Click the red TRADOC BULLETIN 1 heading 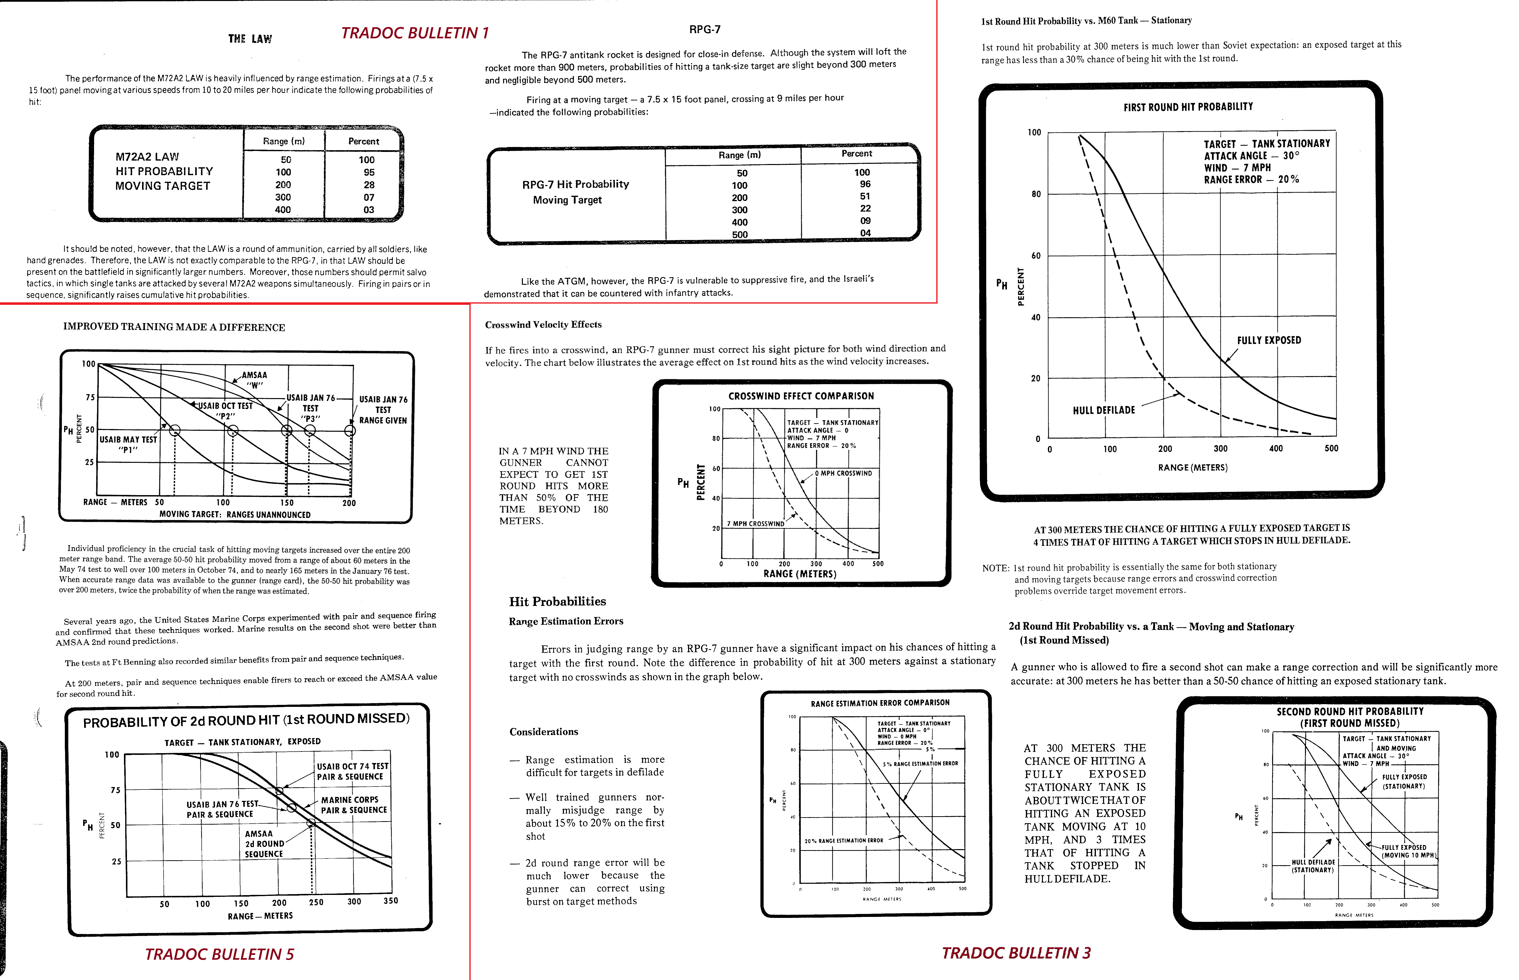point(414,33)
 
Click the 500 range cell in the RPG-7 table point(739,234)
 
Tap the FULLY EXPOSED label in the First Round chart point(1268,340)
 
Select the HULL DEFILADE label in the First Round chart point(1104,410)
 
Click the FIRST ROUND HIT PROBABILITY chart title point(1187,107)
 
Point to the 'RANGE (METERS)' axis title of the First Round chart point(1192,468)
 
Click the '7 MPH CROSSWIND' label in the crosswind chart point(755,524)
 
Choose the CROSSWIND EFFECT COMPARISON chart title point(800,396)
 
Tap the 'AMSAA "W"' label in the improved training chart point(255,380)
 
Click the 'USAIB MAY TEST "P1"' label point(128,444)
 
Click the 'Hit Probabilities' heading point(557,601)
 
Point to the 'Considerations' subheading point(543,732)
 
